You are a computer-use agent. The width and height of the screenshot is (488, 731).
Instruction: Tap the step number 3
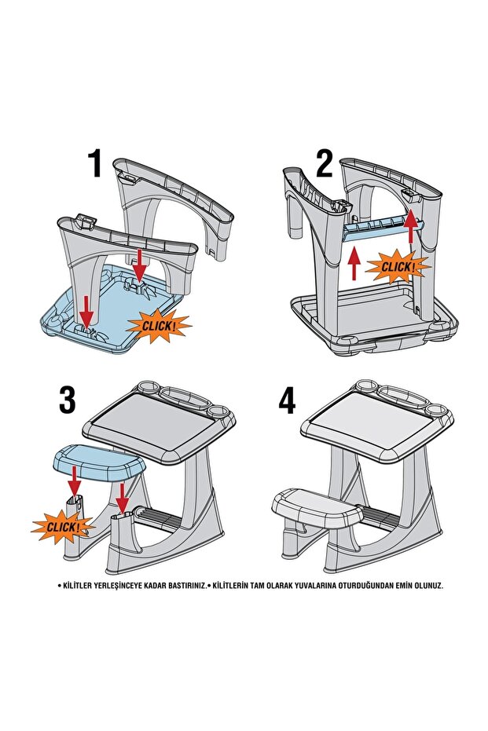68,400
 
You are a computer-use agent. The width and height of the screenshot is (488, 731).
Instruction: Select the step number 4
288,400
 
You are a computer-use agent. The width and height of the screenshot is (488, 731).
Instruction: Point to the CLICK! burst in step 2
398,268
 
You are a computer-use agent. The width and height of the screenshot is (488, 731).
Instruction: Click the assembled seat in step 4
318,504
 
